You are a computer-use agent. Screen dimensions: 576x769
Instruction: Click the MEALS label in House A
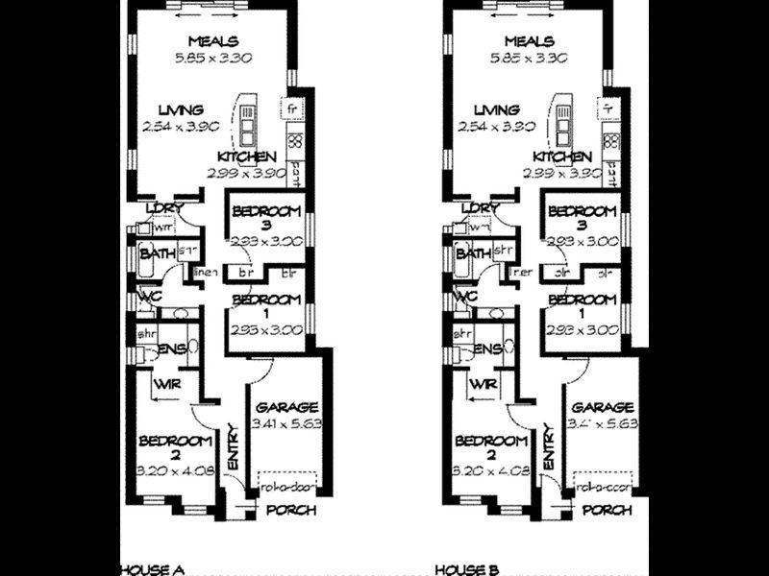click(x=213, y=41)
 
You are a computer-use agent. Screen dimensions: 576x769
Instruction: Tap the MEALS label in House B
click(x=530, y=41)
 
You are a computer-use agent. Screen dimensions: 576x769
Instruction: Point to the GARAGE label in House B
click(x=602, y=407)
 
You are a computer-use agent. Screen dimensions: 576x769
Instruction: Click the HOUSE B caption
click(x=466, y=567)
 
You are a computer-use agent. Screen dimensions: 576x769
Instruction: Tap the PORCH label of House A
click(x=290, y=511)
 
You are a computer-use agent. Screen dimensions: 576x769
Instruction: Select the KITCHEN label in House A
click(x=247, y=156)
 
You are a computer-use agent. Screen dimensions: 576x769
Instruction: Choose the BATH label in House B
click(x=471, y=254)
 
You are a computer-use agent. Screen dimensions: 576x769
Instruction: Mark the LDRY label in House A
click(x=164, y=208)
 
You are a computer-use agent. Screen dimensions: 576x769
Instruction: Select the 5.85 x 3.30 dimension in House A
click(x=213, y=58)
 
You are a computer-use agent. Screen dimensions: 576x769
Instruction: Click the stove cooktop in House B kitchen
click(x=611, y=141)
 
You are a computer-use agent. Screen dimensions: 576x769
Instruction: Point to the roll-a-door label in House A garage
click(x=284, y=488)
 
